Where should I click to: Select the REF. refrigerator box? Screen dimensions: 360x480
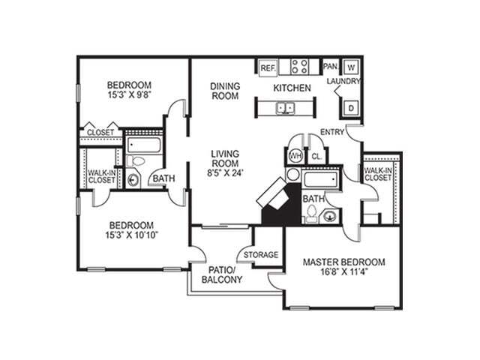pos(268,67)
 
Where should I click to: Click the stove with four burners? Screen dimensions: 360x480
pos(299,66)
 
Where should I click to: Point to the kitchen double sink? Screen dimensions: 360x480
pos(286,109)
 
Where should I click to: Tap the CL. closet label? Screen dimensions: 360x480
pos(316,157)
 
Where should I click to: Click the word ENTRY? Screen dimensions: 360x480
pos(332,132)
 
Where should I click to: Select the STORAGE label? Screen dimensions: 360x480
pos(260,255)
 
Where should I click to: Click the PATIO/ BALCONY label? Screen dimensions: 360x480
pos(222,274)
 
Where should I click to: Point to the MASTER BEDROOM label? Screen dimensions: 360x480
pos(343,262)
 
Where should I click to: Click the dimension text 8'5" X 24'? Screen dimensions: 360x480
pos(224,174)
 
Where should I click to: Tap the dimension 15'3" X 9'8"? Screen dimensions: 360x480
pos(129,95)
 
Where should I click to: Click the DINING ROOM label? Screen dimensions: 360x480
pos(224,91)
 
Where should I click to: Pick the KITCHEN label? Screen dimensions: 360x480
pos(292,88)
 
